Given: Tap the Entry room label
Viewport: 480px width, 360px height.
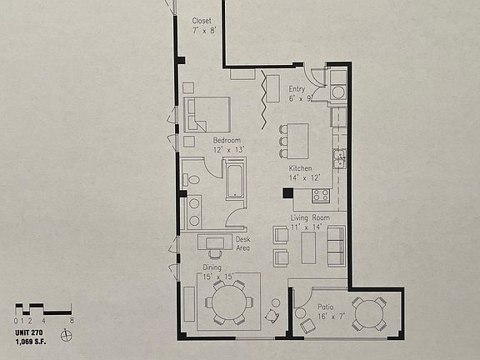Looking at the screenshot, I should [297, 89].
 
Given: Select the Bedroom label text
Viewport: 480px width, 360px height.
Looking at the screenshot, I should [226, 140].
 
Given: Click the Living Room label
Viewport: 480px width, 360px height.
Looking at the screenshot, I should [309, 218].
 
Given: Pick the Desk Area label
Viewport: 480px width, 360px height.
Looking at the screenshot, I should [242, 243].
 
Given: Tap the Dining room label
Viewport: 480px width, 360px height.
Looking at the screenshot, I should [212, 267].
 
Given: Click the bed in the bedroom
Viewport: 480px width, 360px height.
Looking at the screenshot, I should [208, 114].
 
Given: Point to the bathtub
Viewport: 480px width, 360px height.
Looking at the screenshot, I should [236, 181].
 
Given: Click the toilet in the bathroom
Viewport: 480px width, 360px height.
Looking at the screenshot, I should [193, 179].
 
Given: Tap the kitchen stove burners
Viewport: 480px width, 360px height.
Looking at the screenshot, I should [320, 196].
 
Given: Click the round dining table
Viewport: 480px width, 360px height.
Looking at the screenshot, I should [227, 302].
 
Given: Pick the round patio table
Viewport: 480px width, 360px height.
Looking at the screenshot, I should [367, 313].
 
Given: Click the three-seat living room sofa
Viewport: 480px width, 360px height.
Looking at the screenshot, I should [336, 247].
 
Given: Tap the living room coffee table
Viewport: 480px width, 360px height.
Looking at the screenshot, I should [309, 247].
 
